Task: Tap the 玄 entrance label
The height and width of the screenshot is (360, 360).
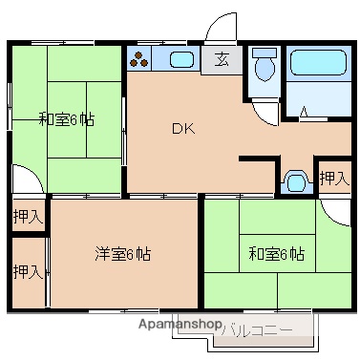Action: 222,59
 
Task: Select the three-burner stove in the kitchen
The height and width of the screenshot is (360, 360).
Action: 139,59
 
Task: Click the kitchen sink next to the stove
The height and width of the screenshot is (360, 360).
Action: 181,60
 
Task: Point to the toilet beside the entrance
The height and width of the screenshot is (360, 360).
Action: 263,66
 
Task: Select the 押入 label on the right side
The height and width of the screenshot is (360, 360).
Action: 333,178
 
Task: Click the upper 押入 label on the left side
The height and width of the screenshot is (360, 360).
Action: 28,216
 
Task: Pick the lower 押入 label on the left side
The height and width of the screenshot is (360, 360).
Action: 28,272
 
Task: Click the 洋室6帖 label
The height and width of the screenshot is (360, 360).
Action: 121,254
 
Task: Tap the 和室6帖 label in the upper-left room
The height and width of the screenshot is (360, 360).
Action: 66,119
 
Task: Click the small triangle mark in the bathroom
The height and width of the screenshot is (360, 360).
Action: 304,112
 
